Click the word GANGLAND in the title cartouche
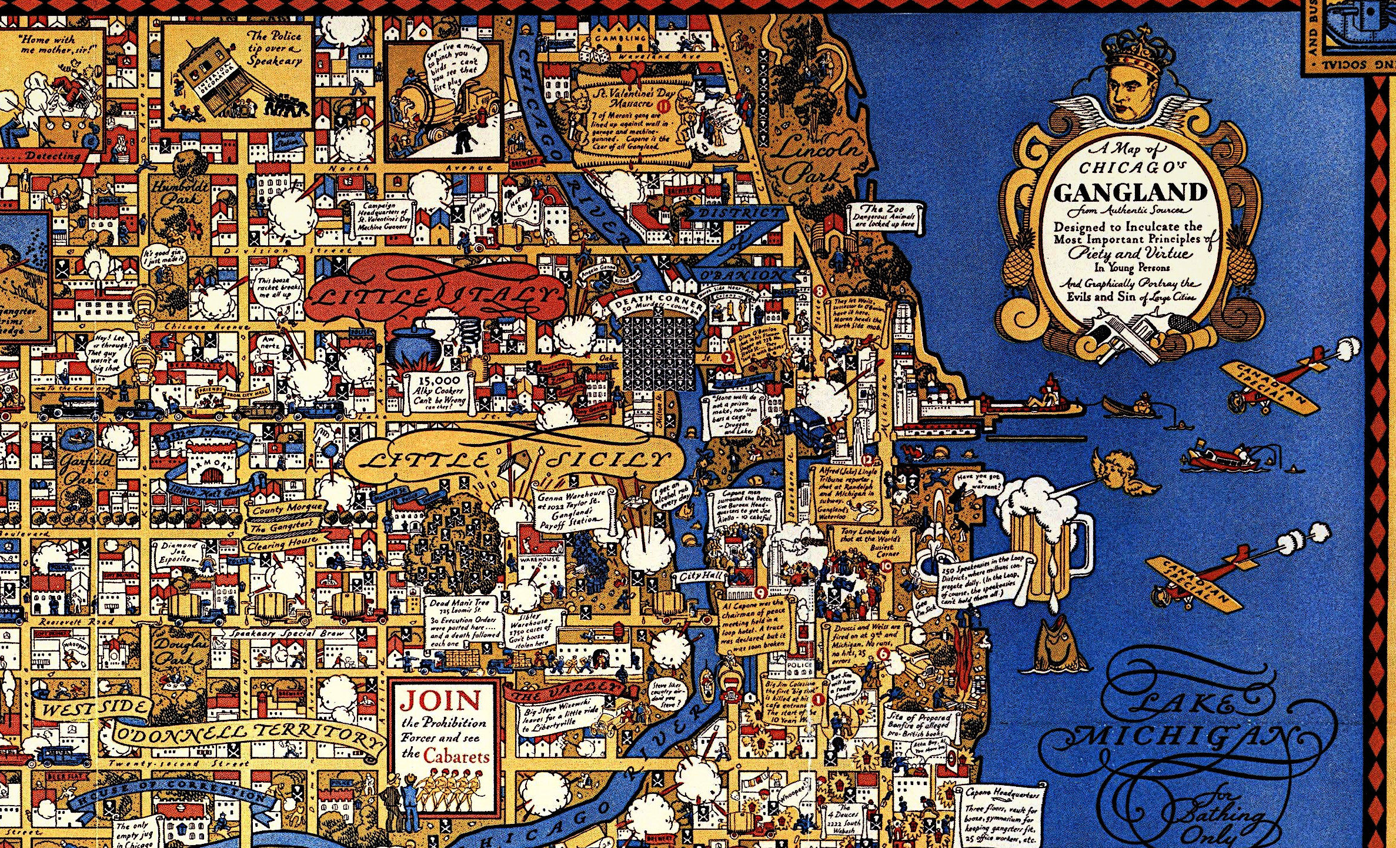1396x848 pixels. click(1130, 192)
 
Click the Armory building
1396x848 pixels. click(209, 465)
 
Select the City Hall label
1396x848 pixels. click(698, 576)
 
